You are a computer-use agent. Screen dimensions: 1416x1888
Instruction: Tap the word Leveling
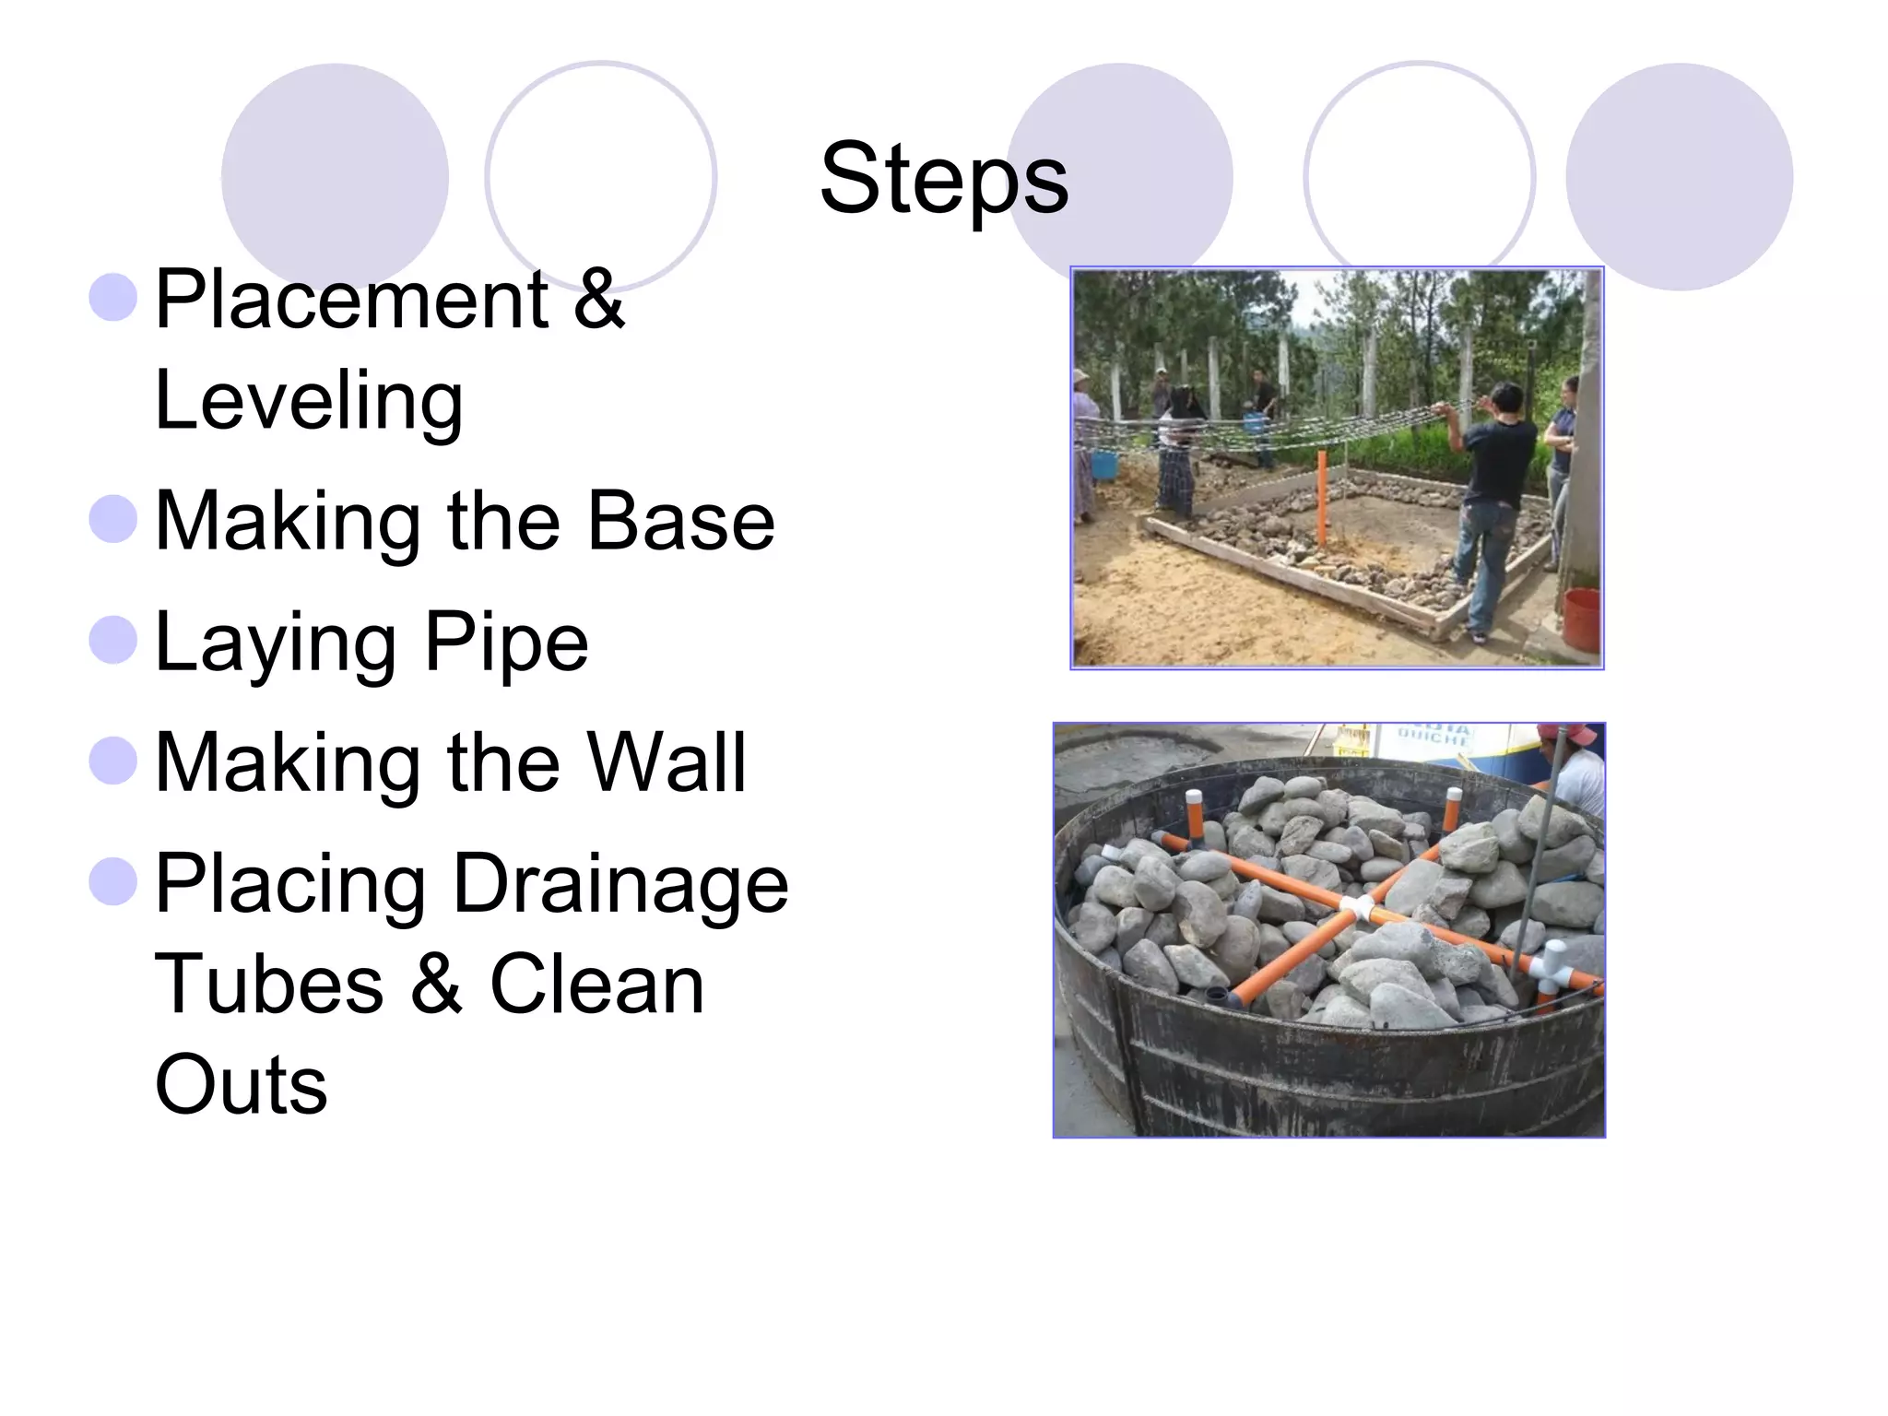click(x=309, y=400)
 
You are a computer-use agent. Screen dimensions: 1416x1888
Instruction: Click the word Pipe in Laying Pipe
click(x=505, y=643)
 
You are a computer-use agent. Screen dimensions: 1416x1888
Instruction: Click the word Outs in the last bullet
click(x=241, y=1084)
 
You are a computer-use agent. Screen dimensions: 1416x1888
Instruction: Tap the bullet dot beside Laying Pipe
click(x=113, y=639)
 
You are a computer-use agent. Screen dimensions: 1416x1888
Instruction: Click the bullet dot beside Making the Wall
click(x=113, y=760)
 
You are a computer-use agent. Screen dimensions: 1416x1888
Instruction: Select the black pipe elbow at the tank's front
click(x=1221, y=997)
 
